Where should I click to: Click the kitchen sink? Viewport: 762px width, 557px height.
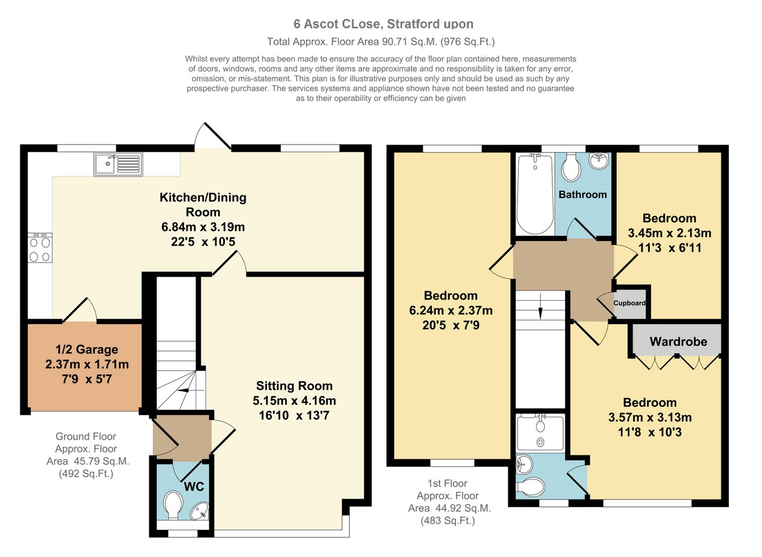click(x=118, y=164)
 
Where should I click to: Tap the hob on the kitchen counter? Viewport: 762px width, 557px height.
click(x=40, y=248)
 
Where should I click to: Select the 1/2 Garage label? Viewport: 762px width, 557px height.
click(x=87, y=350)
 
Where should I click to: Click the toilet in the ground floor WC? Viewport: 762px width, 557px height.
click(x=173, y=506)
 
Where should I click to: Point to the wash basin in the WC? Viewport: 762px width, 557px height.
click(x=199, y=512)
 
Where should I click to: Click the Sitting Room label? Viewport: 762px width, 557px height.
click(x=294, y=386)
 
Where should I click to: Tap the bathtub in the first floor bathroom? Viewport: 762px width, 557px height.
click(x=535, y=193)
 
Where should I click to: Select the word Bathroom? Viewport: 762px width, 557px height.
click(x=583, y=194)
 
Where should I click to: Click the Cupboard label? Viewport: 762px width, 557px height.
click(x=629, y=303)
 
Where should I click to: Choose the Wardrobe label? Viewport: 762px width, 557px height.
click(x=678, y=341)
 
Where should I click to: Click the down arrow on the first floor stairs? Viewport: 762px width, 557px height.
click(x=540, y=308)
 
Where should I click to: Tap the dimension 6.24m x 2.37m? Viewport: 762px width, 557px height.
click(x=451, y=310)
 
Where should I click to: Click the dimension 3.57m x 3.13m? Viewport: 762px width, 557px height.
click(x=650, y=417)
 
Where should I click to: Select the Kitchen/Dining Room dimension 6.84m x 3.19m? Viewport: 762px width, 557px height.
click(x=203, y=226)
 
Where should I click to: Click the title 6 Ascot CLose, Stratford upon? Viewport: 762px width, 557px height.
click(x=384, y=23)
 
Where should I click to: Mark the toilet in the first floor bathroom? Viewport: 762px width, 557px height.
click(x=571, y=166)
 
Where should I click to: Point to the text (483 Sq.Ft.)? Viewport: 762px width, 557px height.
click(x=448, y=520)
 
